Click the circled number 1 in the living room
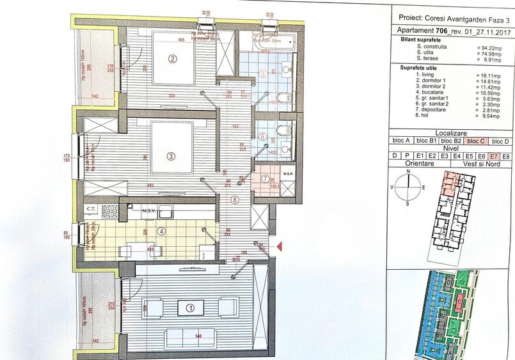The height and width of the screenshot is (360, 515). [x=189, y=307]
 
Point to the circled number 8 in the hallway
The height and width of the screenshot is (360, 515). [x=235, y=200]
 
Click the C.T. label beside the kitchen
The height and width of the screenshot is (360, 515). [x=91, y=209]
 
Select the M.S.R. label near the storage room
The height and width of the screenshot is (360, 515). [x=287, y=173]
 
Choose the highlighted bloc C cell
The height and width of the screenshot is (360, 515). [x=475, y=141]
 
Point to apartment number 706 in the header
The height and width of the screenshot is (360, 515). [x=441, y=31]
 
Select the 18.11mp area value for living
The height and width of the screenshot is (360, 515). [x=486, y=75]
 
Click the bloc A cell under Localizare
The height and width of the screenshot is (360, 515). [x=404, y=141]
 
